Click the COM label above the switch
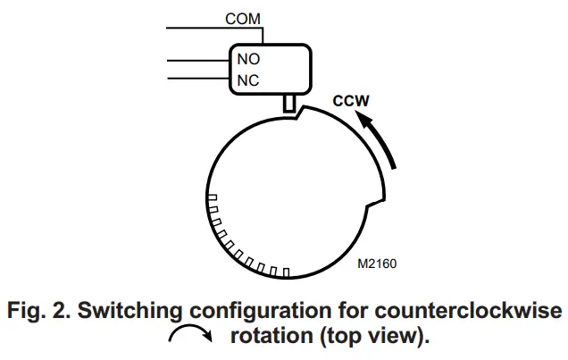[243, 19]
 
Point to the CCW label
[351, 101]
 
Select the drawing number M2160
[377, 264]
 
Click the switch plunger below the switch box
[288, 104]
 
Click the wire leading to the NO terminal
[196, 60]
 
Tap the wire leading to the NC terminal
[196, 80]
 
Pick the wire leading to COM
[196, 28]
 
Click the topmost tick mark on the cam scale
[212, 197]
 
